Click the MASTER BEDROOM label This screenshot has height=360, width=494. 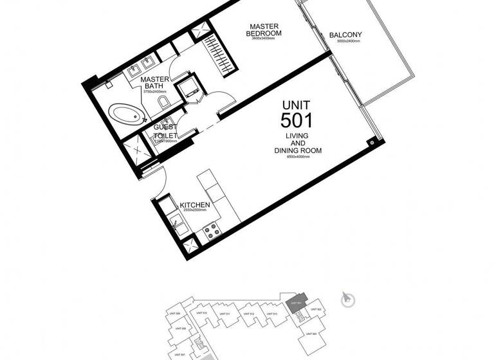pyautogui.click(x=266, y=28)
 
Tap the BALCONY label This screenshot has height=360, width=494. pyautogui.click(x=345, y=35)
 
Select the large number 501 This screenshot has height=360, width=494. pyautogui.click(x=297, y=120)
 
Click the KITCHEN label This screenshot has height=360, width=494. pyautogui.click(x=196, y=204)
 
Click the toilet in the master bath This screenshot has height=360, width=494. pyautogui.click(x=163, y=104)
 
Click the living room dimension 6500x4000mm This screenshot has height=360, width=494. pyautogui.click(x=297, y=157)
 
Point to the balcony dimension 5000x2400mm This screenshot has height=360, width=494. pyautogui.click(x=345, y=41)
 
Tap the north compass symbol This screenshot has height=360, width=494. pyautogui.click(x=346, y=298)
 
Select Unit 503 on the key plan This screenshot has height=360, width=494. pyautogui.click(x=311, y=334)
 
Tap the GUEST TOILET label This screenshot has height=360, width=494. pyautogui.click(x=165, y=132)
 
